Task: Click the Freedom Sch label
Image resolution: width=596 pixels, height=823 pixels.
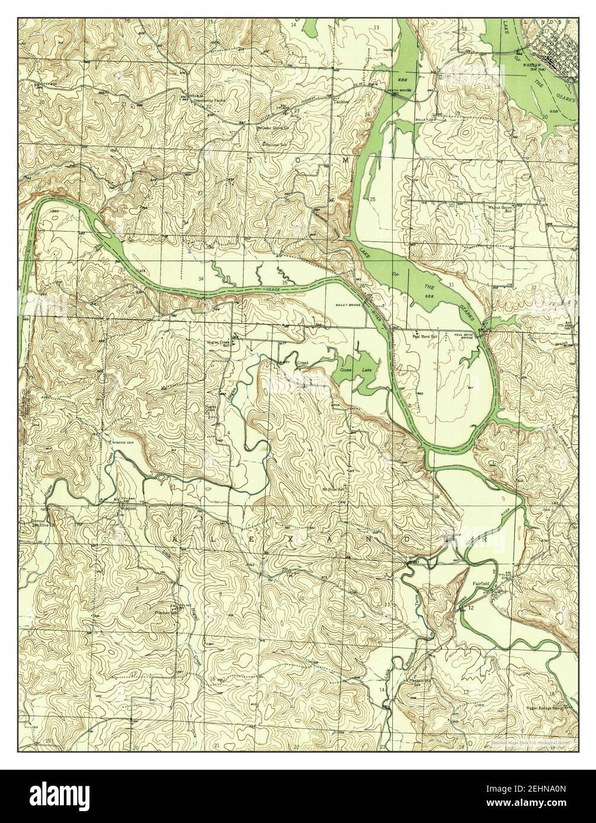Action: (166, 612)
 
